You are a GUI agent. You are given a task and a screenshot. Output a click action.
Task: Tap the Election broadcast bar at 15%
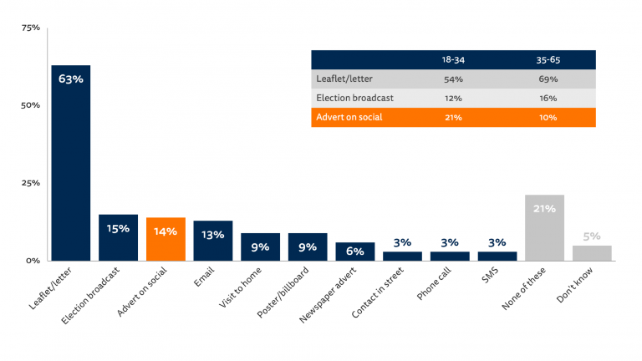click(x=118, y=237)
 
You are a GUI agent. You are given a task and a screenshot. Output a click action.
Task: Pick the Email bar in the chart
click(x=212, y=241)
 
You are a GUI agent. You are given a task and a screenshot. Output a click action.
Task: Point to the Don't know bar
click(x=592, y=252)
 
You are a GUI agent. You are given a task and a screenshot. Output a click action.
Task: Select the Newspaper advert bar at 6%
click(x=355, y=251)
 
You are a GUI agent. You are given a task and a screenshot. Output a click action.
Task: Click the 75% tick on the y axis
click(x=30, y=28)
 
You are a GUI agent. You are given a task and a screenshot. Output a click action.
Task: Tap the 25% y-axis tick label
click(x=30, y=183)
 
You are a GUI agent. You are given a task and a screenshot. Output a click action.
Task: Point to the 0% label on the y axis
click(x=33, y=261)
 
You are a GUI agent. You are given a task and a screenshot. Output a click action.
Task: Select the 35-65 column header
click(x=548, y=60)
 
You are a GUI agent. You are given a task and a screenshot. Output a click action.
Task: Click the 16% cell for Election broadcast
click(x=548, y=98)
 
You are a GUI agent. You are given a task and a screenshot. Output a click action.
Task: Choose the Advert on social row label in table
click(x=349, y=117)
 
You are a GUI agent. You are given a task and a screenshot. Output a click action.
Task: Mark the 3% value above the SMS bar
click(x=497, y=243)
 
